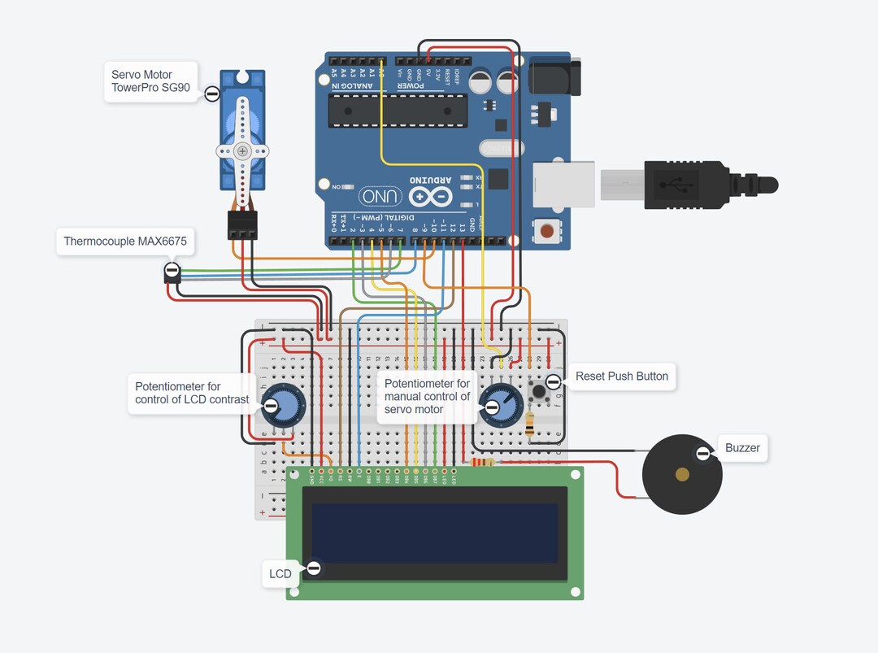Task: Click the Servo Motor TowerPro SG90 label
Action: click(x=150, y=81)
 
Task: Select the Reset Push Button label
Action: click(x=621, y=377)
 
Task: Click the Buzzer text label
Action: click(x=741, y=447)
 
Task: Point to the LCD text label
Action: click(x=280, y=573)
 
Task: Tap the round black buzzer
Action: click(x=682, y=473)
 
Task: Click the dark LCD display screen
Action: click(x=435, y=533)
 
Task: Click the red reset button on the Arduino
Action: click(x=547, y=231)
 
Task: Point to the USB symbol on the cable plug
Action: click(x=676, y=185)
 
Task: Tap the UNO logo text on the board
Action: click(x=380, y=196)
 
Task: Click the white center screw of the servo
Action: click(x=241, y=150)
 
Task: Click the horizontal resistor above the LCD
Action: click(x=483, y=463)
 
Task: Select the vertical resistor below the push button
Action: click(x=530, y=424)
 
